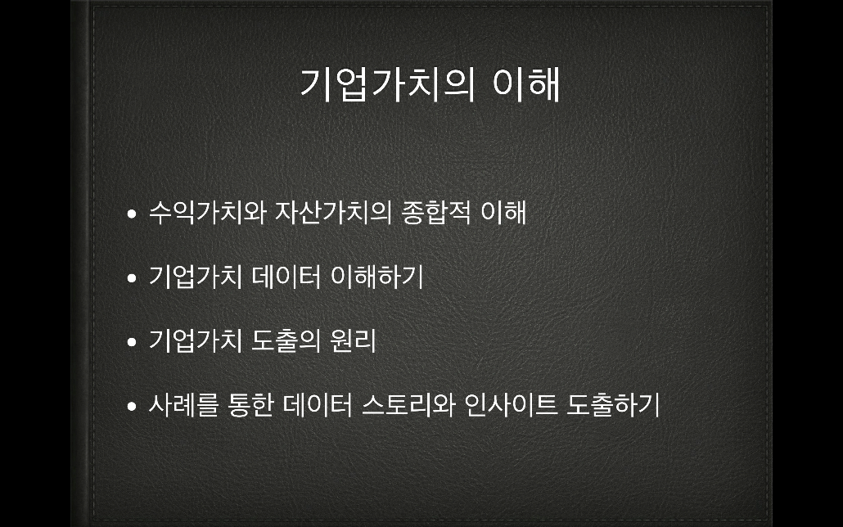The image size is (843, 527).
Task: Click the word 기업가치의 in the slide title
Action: click(387, 84)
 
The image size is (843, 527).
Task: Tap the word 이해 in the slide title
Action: click(526, 84)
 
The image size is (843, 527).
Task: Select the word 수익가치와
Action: click(208, 212)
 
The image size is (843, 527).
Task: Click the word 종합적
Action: click(436, 212)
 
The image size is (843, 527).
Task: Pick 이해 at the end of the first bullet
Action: click(503, 212)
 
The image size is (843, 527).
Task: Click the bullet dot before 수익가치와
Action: click(132, 214)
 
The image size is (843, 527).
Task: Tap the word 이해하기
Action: click(376, 277)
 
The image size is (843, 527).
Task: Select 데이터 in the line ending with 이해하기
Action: click(286, 277)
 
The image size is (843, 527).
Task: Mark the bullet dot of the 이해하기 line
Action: click(132, 278)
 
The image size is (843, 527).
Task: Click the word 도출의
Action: click(286, 341)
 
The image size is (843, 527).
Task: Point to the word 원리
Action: click(354, 341)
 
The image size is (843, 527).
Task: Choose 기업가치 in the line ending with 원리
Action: click(195, 341)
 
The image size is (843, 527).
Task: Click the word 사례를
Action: click(183, 405)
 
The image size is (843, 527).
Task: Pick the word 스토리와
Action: click(408, 405)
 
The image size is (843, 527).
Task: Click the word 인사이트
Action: click(511, 405)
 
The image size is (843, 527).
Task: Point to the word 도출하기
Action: click(614, 405)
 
